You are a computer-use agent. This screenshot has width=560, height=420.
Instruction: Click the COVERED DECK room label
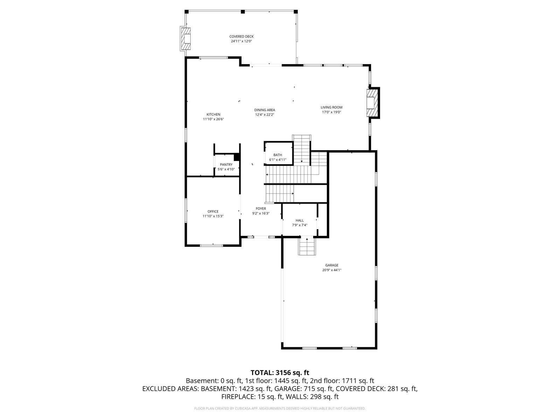point(241,36)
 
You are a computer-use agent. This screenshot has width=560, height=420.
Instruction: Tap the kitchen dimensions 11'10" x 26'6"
point(213,119)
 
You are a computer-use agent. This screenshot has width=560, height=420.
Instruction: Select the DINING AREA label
point(265,110)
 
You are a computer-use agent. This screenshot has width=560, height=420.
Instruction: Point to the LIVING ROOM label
point(331,107)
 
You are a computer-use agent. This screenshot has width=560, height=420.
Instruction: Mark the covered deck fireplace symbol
point(186,39)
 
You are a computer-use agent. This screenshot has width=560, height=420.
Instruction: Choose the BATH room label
point(278,155)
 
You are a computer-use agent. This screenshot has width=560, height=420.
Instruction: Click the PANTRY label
point(226,164)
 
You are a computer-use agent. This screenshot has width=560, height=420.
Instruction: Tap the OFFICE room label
point(213,211)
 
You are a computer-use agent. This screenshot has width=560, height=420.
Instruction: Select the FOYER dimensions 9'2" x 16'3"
point(261,213)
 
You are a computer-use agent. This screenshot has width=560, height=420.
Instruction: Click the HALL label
point(300,220)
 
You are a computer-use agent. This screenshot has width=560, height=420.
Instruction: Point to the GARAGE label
point(332,265)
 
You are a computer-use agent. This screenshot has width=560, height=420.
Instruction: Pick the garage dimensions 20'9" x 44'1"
point(332,270)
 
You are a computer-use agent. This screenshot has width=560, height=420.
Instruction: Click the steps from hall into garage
point(307,246)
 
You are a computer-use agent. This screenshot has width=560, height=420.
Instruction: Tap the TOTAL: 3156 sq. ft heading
point(280,373)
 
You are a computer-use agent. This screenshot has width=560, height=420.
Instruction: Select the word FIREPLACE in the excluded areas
point(238,397)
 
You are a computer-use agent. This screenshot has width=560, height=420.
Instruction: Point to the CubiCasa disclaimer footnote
point(280,408)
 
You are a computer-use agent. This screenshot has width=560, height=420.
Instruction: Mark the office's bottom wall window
point(211,246)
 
